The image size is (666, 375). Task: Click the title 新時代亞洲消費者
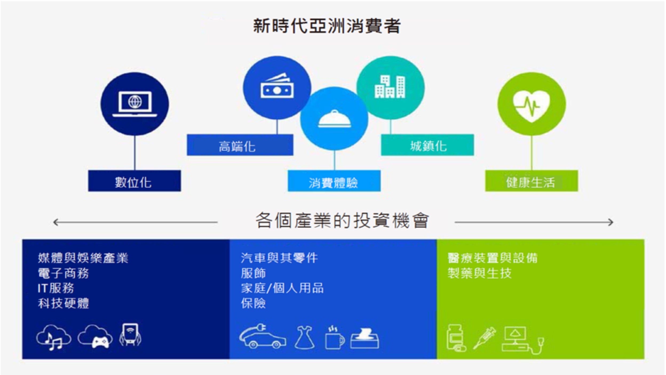point(327,26)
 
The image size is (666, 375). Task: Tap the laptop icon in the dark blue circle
point(135,104)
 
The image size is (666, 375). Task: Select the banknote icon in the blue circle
point(277,86)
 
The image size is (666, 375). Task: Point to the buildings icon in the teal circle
point(390,87)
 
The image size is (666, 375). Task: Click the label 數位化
point(133,183)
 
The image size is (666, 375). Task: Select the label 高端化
point(237,146)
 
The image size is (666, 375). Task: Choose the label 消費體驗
point(333,183)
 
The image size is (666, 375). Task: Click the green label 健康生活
point(530,182)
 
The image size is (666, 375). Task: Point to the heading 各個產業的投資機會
point(342,220)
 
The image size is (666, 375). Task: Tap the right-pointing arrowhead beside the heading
point(610,222)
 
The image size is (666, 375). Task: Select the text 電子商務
point(63,273)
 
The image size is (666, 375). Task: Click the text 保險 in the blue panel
point(253,303)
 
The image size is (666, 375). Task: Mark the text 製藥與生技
point(479,273)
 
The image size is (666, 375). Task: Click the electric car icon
point(263,337)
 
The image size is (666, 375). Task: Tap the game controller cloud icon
point(95,337)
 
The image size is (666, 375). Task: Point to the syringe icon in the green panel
point(484,338)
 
